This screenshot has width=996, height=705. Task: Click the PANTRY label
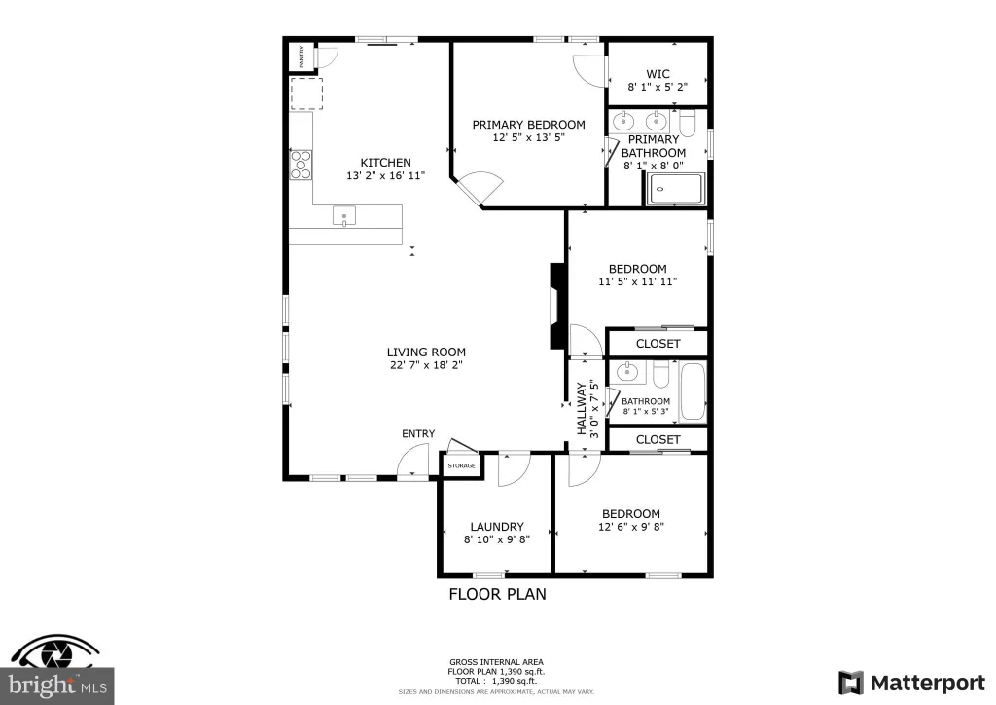pyautogui.click(x=302, y=56)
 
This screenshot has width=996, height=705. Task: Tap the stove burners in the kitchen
pyautogui.click(x=302, y=164)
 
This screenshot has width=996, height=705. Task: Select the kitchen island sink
pyautogui.click(x=344, y=217)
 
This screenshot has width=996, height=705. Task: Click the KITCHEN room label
pyautogui.click(x=385, y=163)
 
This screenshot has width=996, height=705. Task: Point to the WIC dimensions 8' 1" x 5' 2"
pyautogui.click(x=658, y=87)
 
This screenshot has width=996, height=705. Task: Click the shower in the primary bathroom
pyautogui.click(x=676, y=189)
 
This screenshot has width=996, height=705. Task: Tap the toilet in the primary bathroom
pyautogui.click(x=688, y=123)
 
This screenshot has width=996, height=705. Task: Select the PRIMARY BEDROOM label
pyautogui.click(x=528, y=125)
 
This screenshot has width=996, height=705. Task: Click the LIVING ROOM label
pyautogui.click(x=426, y=352)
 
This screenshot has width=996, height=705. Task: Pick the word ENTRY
pyautogui.click(x=418, y=433)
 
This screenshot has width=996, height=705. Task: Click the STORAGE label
pyautogui.click(x=461, y=466)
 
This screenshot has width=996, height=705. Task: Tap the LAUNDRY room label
pyautogui.click(x=497, y=527)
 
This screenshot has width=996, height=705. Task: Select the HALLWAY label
pyautogui.click(x=582, y=409)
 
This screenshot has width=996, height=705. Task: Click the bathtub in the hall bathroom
pyautogui.click(x=693, y=391)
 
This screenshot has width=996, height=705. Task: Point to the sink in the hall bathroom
pyautogui.click(x=627, y=372)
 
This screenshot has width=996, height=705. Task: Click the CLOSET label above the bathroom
pyautogui.click(x=658, y=344)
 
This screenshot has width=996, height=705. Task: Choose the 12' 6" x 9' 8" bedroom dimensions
pyautogui.click(x=630, y=527)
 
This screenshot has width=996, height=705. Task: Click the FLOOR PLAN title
pyautogui.click(x=497, y=594)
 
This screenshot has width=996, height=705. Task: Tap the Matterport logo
pyautogui.click(x=911, y=683)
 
